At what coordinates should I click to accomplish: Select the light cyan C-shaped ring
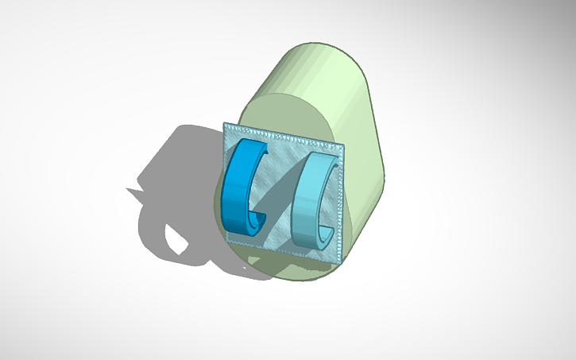305,199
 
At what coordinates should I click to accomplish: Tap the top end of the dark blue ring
258,146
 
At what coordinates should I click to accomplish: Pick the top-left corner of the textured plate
225,123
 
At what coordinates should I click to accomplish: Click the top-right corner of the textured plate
346,145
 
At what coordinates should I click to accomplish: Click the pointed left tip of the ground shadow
127,189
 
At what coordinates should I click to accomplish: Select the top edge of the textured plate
286,134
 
